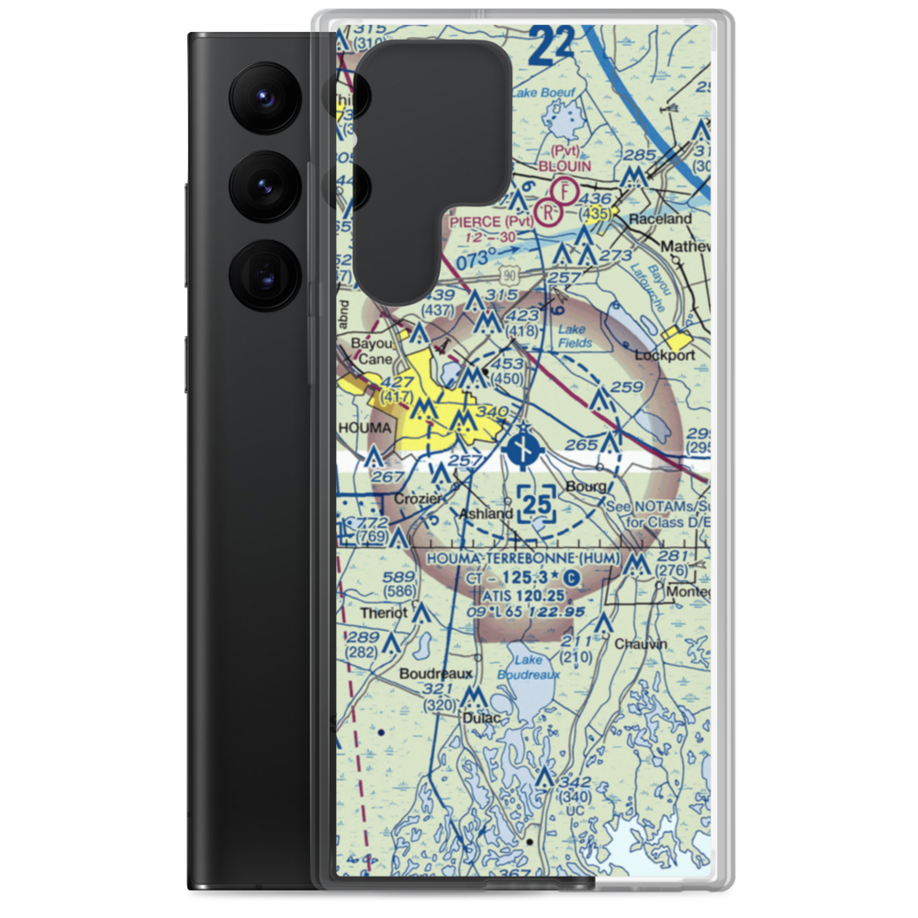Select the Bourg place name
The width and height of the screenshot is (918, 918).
click(x=587, y=486)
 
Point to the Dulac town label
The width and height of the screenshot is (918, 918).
click(x=483, y=717)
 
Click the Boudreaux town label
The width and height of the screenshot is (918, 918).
click(x=429, y=672)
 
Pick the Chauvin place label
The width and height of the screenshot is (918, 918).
click(x=641, y=644)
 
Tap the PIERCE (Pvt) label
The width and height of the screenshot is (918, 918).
click(x=491, y=221)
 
